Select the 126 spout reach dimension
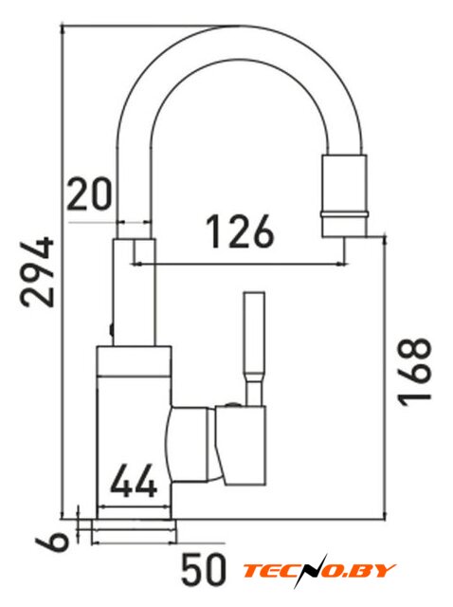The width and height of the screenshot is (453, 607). coord(240,231)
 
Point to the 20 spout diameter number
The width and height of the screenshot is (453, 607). coord(89,193)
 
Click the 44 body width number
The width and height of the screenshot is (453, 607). coord(134,481)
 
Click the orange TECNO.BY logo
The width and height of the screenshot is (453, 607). coord(318,570)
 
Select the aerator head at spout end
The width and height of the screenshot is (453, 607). coord(344,195)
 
